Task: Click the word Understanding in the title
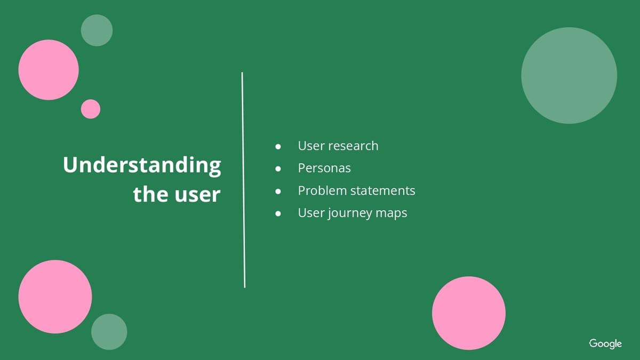pyautogui.click(x=142, y=165)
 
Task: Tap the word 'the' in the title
pyautogui.click(x=150, y=194)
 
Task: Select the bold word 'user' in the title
pyautogui.click(x=198, y=195)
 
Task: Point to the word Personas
pyautogui.click(x=324, y=168)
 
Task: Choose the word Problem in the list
pyautogui.click(x=322, y=190)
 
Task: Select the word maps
pyautogui.click(x=391, y=214)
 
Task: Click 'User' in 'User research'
pyautogui.click(x=311, y=146)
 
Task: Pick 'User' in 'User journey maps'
pyautogui.click(x=311, y=213)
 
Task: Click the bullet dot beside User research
pyautogui.click(x=278, y=147)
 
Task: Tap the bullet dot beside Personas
pyautogui.click(x=278, y=169)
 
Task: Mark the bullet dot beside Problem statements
pyautogui.click(x=278, y=191)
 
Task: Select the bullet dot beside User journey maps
pyautogui.click(x=278, y=214)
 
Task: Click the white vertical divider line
pyautogui.click(x=243, y=180)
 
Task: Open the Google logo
pyautogui.click(x=605, y=343)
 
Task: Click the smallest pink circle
pyautogui.click(x=91, y=109)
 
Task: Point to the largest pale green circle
pyautogui.click(x=569, y=75)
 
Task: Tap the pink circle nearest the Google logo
pyautogui.click(x=469, y=313)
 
